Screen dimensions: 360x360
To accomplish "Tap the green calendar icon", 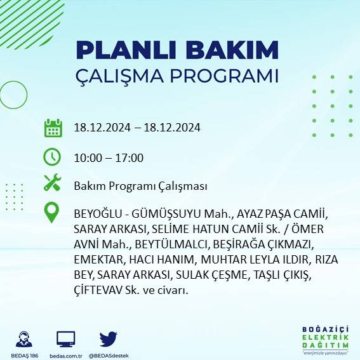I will (x=53, y=128).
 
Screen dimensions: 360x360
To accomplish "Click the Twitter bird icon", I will (x=108, y=339).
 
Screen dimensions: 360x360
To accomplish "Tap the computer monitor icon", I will (x=66, y=339).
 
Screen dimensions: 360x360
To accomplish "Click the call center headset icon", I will (x=25, y=339).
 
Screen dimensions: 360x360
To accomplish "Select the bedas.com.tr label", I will (x=67, y=355).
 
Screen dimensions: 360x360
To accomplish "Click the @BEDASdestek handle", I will (x=109, y=355).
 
